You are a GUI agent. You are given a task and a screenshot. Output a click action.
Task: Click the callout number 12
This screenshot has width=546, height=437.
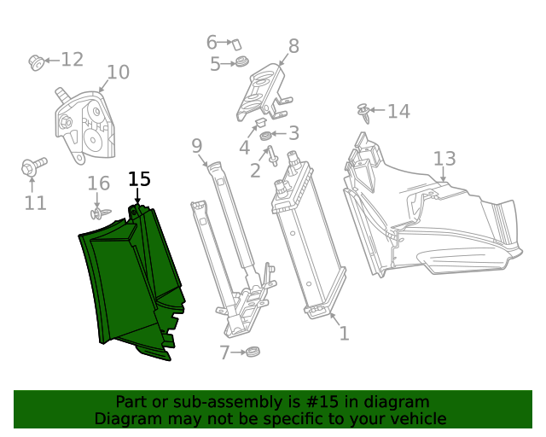72,59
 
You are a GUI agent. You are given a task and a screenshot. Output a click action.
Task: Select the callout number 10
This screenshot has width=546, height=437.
118,73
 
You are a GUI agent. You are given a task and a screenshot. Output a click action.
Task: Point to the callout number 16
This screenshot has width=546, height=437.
99,184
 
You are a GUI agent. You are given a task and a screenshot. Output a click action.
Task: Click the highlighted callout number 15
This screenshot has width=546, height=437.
139,179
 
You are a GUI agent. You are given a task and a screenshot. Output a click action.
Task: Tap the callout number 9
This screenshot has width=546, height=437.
196,145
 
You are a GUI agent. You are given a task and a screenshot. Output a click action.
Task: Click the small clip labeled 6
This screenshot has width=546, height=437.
237,42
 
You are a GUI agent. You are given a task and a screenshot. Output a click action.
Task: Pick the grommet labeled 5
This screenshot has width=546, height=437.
242,62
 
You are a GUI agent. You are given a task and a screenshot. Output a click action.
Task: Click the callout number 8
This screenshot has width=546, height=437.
293,46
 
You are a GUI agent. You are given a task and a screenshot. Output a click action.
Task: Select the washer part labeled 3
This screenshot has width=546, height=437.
266,136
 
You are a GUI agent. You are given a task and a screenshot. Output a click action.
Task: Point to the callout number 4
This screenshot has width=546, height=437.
244,149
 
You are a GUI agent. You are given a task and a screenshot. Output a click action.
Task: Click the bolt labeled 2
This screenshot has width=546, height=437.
272,157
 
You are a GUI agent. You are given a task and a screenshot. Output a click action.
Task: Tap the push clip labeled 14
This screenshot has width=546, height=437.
365,112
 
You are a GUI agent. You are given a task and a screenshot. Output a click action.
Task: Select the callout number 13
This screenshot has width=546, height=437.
444,159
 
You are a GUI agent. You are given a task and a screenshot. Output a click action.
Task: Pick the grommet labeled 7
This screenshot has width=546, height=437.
252,352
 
